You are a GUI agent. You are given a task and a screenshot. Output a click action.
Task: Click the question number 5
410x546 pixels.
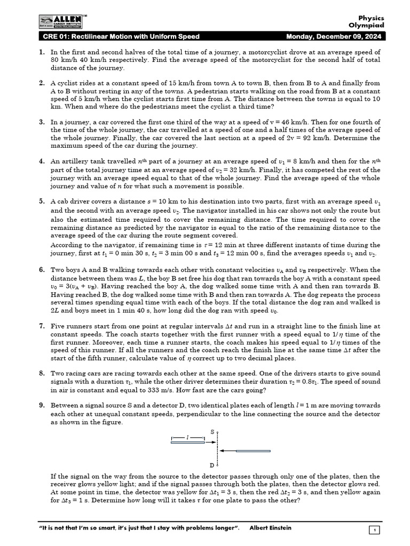(x=41, y=202)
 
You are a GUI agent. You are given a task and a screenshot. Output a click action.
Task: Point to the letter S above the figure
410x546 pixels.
(x=212, y=431)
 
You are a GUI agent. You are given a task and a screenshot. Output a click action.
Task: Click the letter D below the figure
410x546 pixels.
(x=212, y=465)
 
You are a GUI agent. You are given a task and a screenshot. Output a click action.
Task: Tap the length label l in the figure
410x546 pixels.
(x=187, y=437)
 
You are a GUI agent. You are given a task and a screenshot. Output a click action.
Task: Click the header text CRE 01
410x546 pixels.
(x=56, y=37)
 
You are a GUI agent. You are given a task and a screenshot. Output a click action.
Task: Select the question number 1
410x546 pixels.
(x=41, y=53)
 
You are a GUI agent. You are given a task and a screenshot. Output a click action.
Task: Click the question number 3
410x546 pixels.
(x=41, y=122)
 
